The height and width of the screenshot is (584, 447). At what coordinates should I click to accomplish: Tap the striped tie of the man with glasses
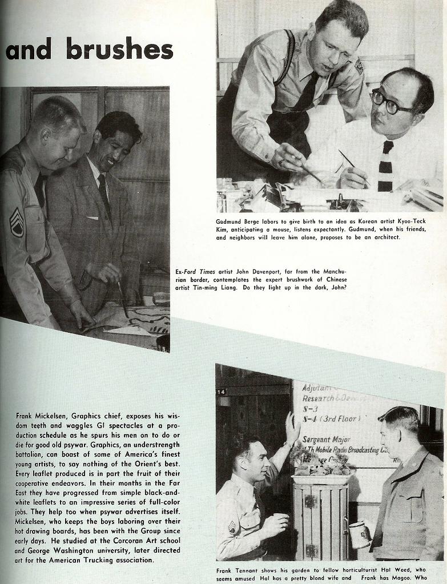385,166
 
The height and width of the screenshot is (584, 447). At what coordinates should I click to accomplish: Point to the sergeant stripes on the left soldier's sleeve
17,222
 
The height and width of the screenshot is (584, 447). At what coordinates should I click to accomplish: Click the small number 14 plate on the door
222,392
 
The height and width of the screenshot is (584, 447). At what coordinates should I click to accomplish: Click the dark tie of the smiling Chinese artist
104,195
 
